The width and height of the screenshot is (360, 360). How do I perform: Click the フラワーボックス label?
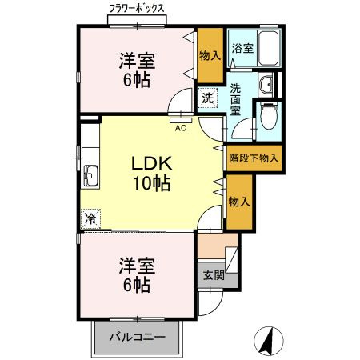(138, 8)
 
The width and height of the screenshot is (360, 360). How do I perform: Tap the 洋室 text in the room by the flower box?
(137, 60)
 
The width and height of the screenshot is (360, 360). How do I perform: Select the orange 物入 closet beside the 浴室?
(210, 54)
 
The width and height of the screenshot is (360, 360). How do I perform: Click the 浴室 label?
(242, 49)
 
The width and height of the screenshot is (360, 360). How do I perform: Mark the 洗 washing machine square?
(207, 99)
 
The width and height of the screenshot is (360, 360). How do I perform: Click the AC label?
(181, 126)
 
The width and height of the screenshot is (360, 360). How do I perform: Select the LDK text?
(151, 162)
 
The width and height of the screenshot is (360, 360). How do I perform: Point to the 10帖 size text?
(151, 182)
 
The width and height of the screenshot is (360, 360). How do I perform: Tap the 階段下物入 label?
(254, 158)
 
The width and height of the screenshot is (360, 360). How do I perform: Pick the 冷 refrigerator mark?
(90, 218)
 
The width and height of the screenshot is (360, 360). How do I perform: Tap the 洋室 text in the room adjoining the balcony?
(137, 265)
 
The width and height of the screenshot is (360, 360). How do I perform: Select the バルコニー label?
(138, 337)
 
